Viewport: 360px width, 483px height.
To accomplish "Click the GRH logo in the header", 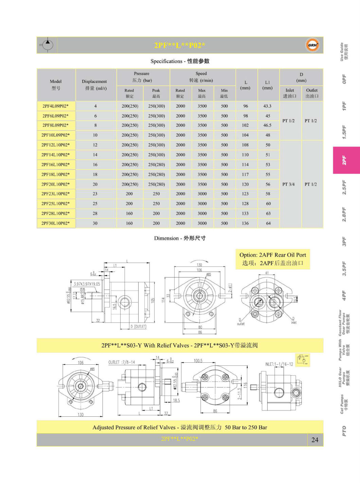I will coord(312,45).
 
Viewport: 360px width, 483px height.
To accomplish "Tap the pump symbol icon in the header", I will coord(47,45).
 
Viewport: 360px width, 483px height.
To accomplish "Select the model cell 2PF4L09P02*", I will coord(56,106).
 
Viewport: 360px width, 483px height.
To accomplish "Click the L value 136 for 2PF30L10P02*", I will coord(245,223).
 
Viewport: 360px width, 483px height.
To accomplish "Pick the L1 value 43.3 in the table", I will coord(268,106).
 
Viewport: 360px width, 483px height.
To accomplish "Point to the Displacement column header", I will coord(94,85).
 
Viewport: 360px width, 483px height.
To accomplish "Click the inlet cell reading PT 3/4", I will coord(289,184).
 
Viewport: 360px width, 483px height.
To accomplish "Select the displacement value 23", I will coord(95,194).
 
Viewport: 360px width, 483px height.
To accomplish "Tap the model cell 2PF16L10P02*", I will coord(56,165).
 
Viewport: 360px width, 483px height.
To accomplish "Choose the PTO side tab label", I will coord(344,431).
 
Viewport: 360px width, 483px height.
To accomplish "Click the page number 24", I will coord(315,440).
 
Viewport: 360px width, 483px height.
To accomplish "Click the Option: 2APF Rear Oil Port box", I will coord(273,259).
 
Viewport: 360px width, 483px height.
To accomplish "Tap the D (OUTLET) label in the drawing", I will coord(138,327).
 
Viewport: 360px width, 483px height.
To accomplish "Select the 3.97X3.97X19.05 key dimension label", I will coord(87,284).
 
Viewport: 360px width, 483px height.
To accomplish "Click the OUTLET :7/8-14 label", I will coord(122,362).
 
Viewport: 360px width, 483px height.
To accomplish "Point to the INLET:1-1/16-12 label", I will coord(279,364).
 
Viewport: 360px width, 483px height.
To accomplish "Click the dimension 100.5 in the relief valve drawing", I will coord(198,361).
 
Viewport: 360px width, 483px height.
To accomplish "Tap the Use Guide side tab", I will coord(344,52).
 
